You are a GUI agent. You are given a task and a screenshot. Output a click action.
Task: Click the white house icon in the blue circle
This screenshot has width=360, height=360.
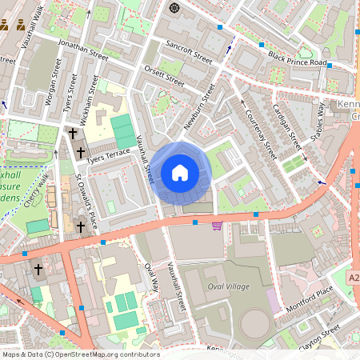click(x=180, y=173)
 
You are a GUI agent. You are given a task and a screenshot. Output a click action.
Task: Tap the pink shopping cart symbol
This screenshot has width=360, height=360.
click(x=217, y=226)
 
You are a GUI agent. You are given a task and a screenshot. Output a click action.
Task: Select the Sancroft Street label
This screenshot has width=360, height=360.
click(x=188, y=50)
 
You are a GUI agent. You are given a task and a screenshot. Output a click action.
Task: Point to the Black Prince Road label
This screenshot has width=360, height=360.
click(x=298, y=59)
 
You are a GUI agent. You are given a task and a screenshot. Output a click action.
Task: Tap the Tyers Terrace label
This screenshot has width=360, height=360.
click(x=108, y=154)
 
